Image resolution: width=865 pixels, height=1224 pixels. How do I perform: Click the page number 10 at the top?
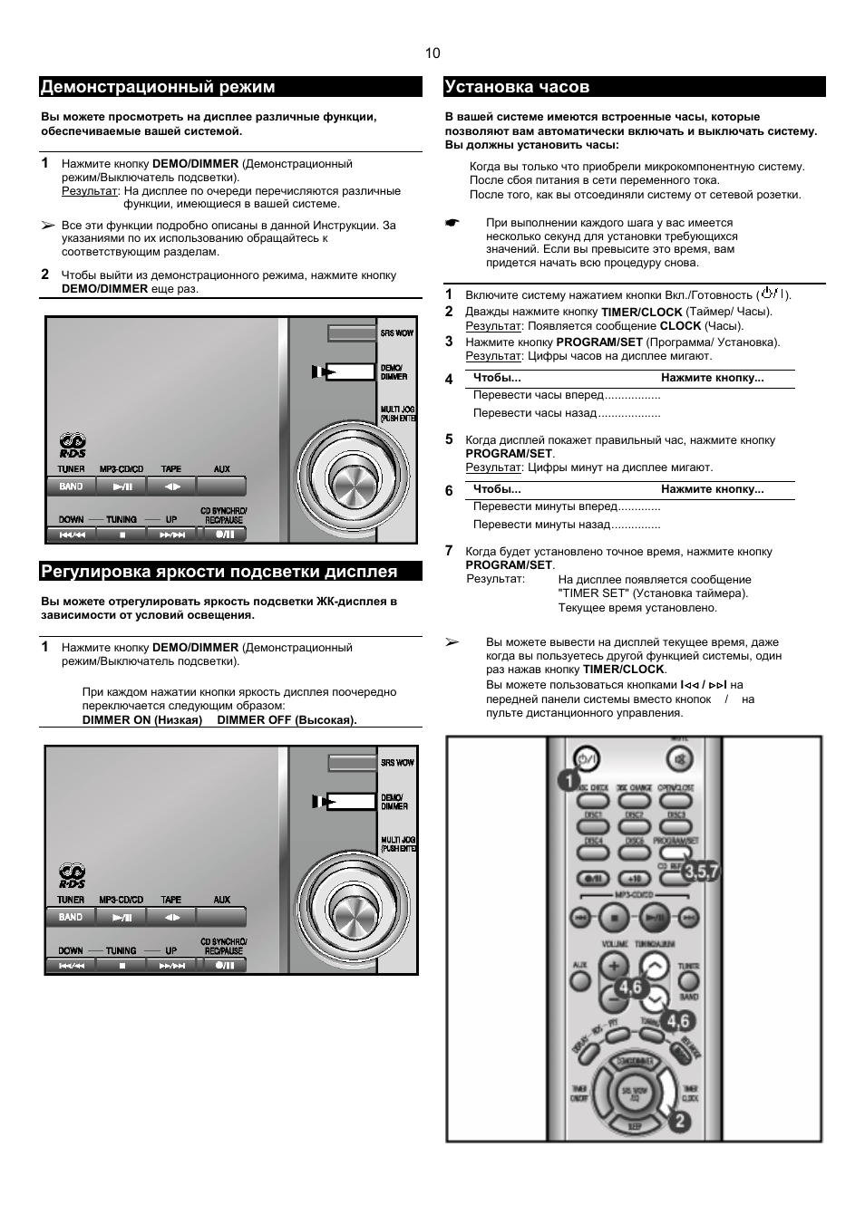(x=432, y=53)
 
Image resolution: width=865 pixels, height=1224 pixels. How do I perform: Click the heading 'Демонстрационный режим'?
(x=158, y=87)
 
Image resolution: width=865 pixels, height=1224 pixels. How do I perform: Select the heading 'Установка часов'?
(x=517, y=87)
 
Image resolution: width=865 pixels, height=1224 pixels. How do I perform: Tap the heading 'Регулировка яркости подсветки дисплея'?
(x=219, y=572)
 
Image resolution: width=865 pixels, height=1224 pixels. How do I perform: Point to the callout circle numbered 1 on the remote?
(x=569, y=779)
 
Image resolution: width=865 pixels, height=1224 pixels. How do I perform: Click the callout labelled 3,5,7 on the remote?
(x=700, y=872)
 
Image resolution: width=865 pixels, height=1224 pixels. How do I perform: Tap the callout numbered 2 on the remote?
(x=680, y=1122)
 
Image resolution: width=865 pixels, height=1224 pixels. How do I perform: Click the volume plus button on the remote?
(x=614, y=966)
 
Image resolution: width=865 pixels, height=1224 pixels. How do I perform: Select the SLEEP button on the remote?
(x=635, y=1125)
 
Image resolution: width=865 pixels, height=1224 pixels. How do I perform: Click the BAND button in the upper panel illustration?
(x=71, y=487)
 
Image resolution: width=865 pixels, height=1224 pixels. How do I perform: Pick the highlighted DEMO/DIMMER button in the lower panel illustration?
(x=348, y=802)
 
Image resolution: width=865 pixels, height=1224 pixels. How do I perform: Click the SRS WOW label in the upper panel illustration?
(x=397, y=333)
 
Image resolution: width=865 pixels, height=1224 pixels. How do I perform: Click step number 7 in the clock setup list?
(x=449, y=551)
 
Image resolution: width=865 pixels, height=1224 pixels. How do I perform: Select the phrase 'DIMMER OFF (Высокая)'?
(x=287, y=720)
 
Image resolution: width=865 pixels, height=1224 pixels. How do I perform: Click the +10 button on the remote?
(x=635, y=878)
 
